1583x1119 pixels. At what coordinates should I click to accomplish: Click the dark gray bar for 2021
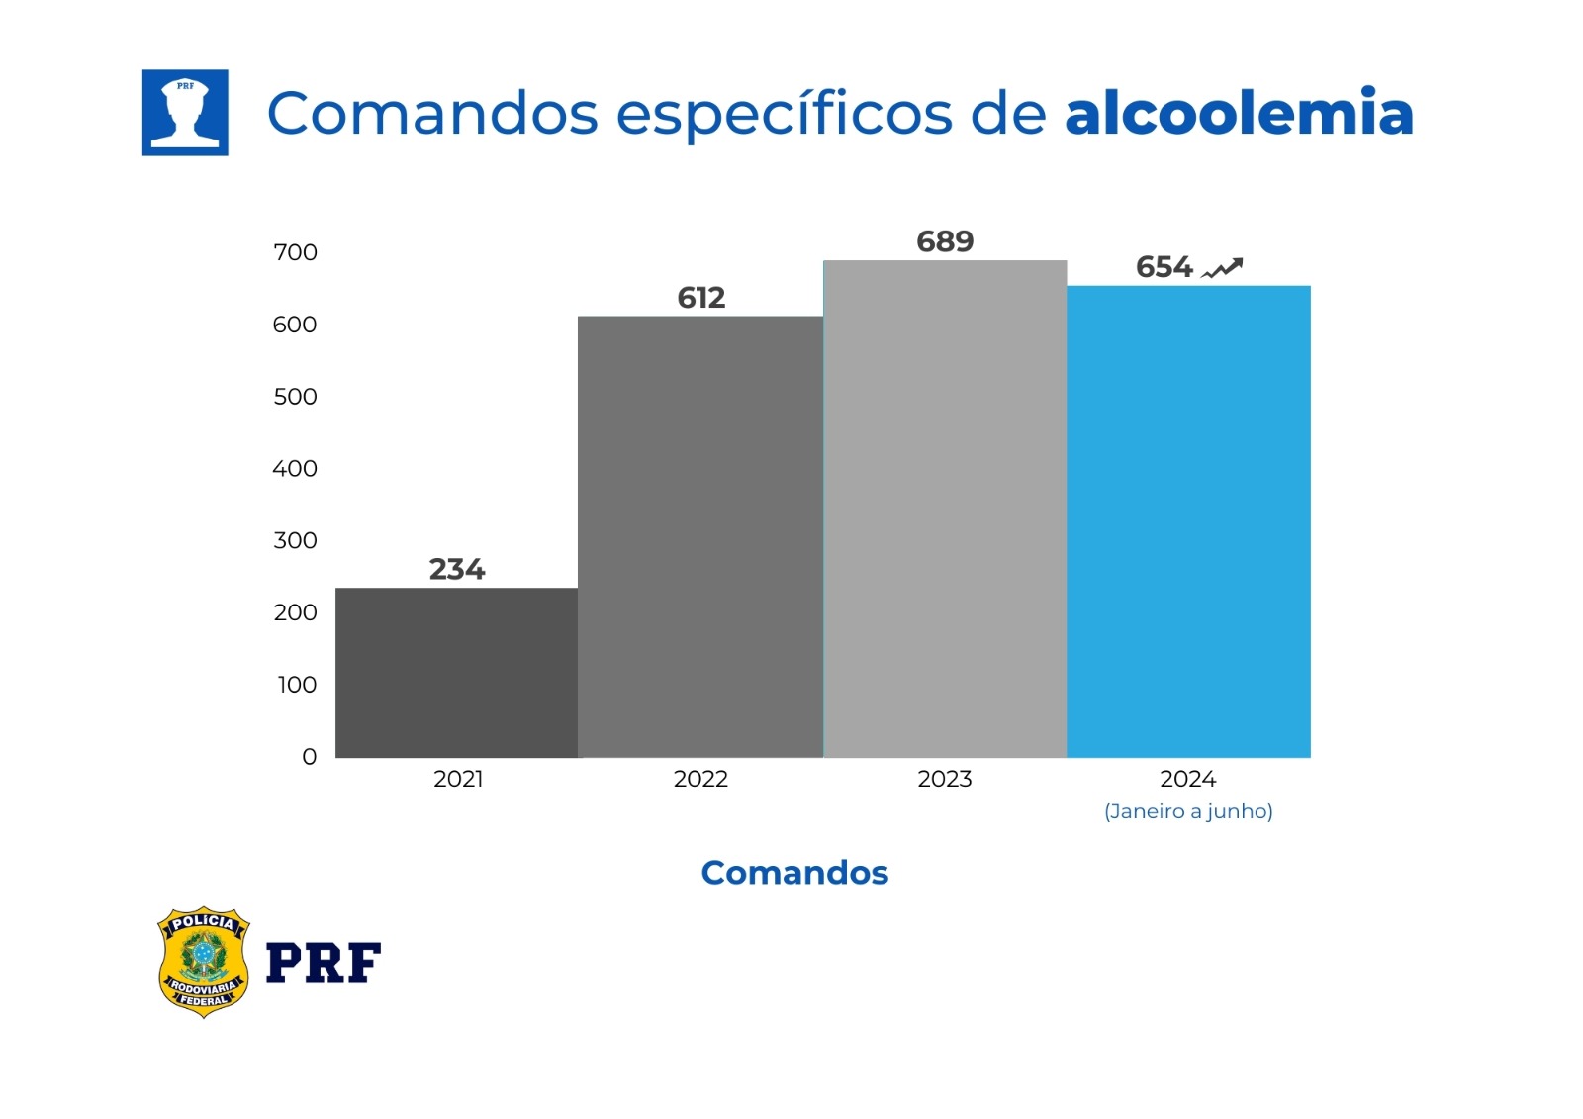pyautogui.click(x=456, y=673)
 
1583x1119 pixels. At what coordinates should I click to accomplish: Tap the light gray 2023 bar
pyautogui.click(x=945, y=510)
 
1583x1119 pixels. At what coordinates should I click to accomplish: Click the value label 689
pyautogui.click(x=945, y=241)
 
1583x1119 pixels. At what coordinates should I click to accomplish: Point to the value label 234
pyautogui.click(x=456, y=569)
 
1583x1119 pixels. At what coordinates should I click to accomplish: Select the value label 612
pyautogui.click(x=700, y=298)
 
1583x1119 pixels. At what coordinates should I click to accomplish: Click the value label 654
pyautogui.click(x=1164, y=267)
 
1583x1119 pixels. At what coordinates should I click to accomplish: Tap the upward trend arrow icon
pyautogui.click(x=1222, y=268)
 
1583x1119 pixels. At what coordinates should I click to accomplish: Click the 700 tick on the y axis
pyautogui.click(x=295, y=252)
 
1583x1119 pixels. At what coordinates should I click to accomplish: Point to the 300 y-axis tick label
pyautogui.click(x=295, y=540)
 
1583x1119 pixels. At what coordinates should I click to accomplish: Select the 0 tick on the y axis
pyautogui.click(x=309, y=757)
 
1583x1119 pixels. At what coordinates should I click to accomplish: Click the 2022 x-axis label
pyautogui.click(x=700, y=779)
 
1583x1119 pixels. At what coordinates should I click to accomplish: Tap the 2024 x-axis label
pyautogui.click(x=1187, y=779)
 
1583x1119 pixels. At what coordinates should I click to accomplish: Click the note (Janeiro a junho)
pyautogui.click(x=1188, y=811)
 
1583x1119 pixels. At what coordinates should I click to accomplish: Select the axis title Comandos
pyautogui.click(x=794, y=873)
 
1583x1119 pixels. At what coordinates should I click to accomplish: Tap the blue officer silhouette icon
pyautogui.click(x=185, y=113)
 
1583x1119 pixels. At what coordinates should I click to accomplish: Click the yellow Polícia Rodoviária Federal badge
pyautogui.click(x=203, y=962)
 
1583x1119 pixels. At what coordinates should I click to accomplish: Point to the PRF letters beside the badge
pyautogui.click(x=324, y=963)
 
